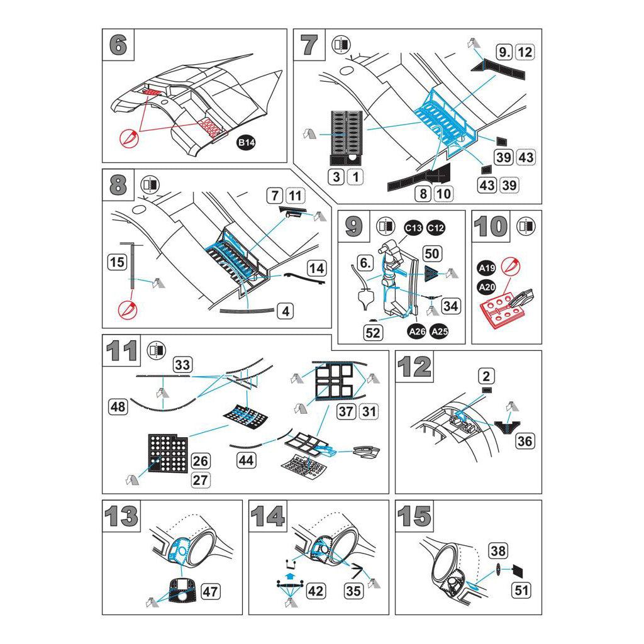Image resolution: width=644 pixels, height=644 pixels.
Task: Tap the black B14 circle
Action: (x=246, y=143)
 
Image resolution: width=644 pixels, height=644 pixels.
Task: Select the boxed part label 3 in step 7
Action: (x=336, y=177)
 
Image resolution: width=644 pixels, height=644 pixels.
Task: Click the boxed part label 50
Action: (x=432, y=254)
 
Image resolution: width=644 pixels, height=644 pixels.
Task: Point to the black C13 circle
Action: (x=413, y=228)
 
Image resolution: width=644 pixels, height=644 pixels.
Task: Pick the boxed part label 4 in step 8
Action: (x=285, y=311)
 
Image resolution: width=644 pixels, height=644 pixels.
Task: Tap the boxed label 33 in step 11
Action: (x=183, y=364)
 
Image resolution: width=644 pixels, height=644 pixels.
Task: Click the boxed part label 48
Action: (x=118, y=407)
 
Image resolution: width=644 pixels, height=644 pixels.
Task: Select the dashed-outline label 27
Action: (x=201, y=480)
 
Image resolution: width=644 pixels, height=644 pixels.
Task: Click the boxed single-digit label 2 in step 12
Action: (x=486, y=376)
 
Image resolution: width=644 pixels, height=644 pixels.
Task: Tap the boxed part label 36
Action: (x=525, y=441)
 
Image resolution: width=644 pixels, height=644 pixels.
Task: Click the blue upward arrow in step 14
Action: (x=289, y=575)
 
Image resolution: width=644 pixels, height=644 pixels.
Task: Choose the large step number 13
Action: (x=121, y=516)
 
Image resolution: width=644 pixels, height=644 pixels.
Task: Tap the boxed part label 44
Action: (x=246, y=460)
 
